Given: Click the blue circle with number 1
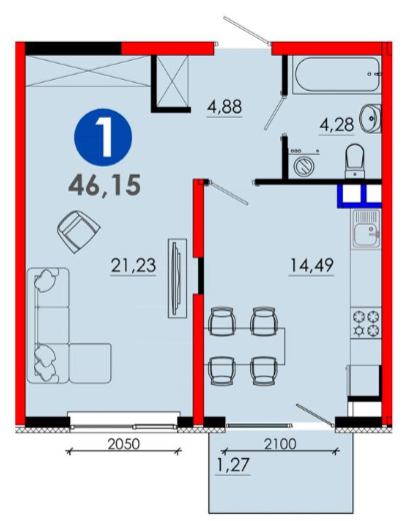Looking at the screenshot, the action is coord(103,137).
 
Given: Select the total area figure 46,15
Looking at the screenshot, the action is coord(104,185).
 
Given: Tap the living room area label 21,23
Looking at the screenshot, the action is coord(133,265).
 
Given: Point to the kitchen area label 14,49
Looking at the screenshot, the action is coord(311,265).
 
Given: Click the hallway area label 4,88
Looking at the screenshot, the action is coord(224,107).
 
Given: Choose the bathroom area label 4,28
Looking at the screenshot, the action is coord(337,125).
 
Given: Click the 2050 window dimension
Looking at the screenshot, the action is coord(124,443).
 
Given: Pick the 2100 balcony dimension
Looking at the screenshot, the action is coord(280,443).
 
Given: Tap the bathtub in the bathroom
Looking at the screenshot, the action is coord(337,75).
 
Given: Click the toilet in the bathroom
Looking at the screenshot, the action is coord(355,161).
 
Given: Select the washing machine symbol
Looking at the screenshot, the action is coord(304,165).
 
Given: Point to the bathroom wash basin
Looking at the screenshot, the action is coord(370,117).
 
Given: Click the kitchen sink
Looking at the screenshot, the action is coord(366,229).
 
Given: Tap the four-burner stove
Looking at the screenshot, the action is coord(366,322).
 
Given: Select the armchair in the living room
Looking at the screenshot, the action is coord(78,232).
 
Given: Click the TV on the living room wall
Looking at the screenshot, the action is coord(177,277).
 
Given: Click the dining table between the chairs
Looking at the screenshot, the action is coord(247,346).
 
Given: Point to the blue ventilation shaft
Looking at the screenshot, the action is coord(359,196).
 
